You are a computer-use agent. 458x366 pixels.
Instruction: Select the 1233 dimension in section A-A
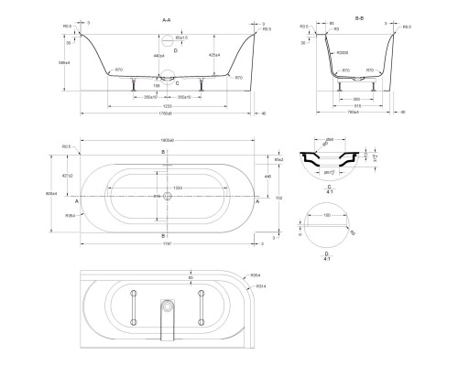pos(165,107)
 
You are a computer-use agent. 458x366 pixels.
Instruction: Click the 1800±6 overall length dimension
pos(166,140)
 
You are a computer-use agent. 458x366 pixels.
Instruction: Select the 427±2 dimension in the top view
pos(67,175)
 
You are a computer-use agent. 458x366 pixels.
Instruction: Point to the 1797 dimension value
pos(165,244)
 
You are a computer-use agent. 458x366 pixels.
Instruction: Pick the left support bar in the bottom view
pos(133,307)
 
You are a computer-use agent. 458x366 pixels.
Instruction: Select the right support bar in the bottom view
pos(199,307)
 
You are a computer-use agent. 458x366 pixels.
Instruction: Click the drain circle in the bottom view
pos(166,305)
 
